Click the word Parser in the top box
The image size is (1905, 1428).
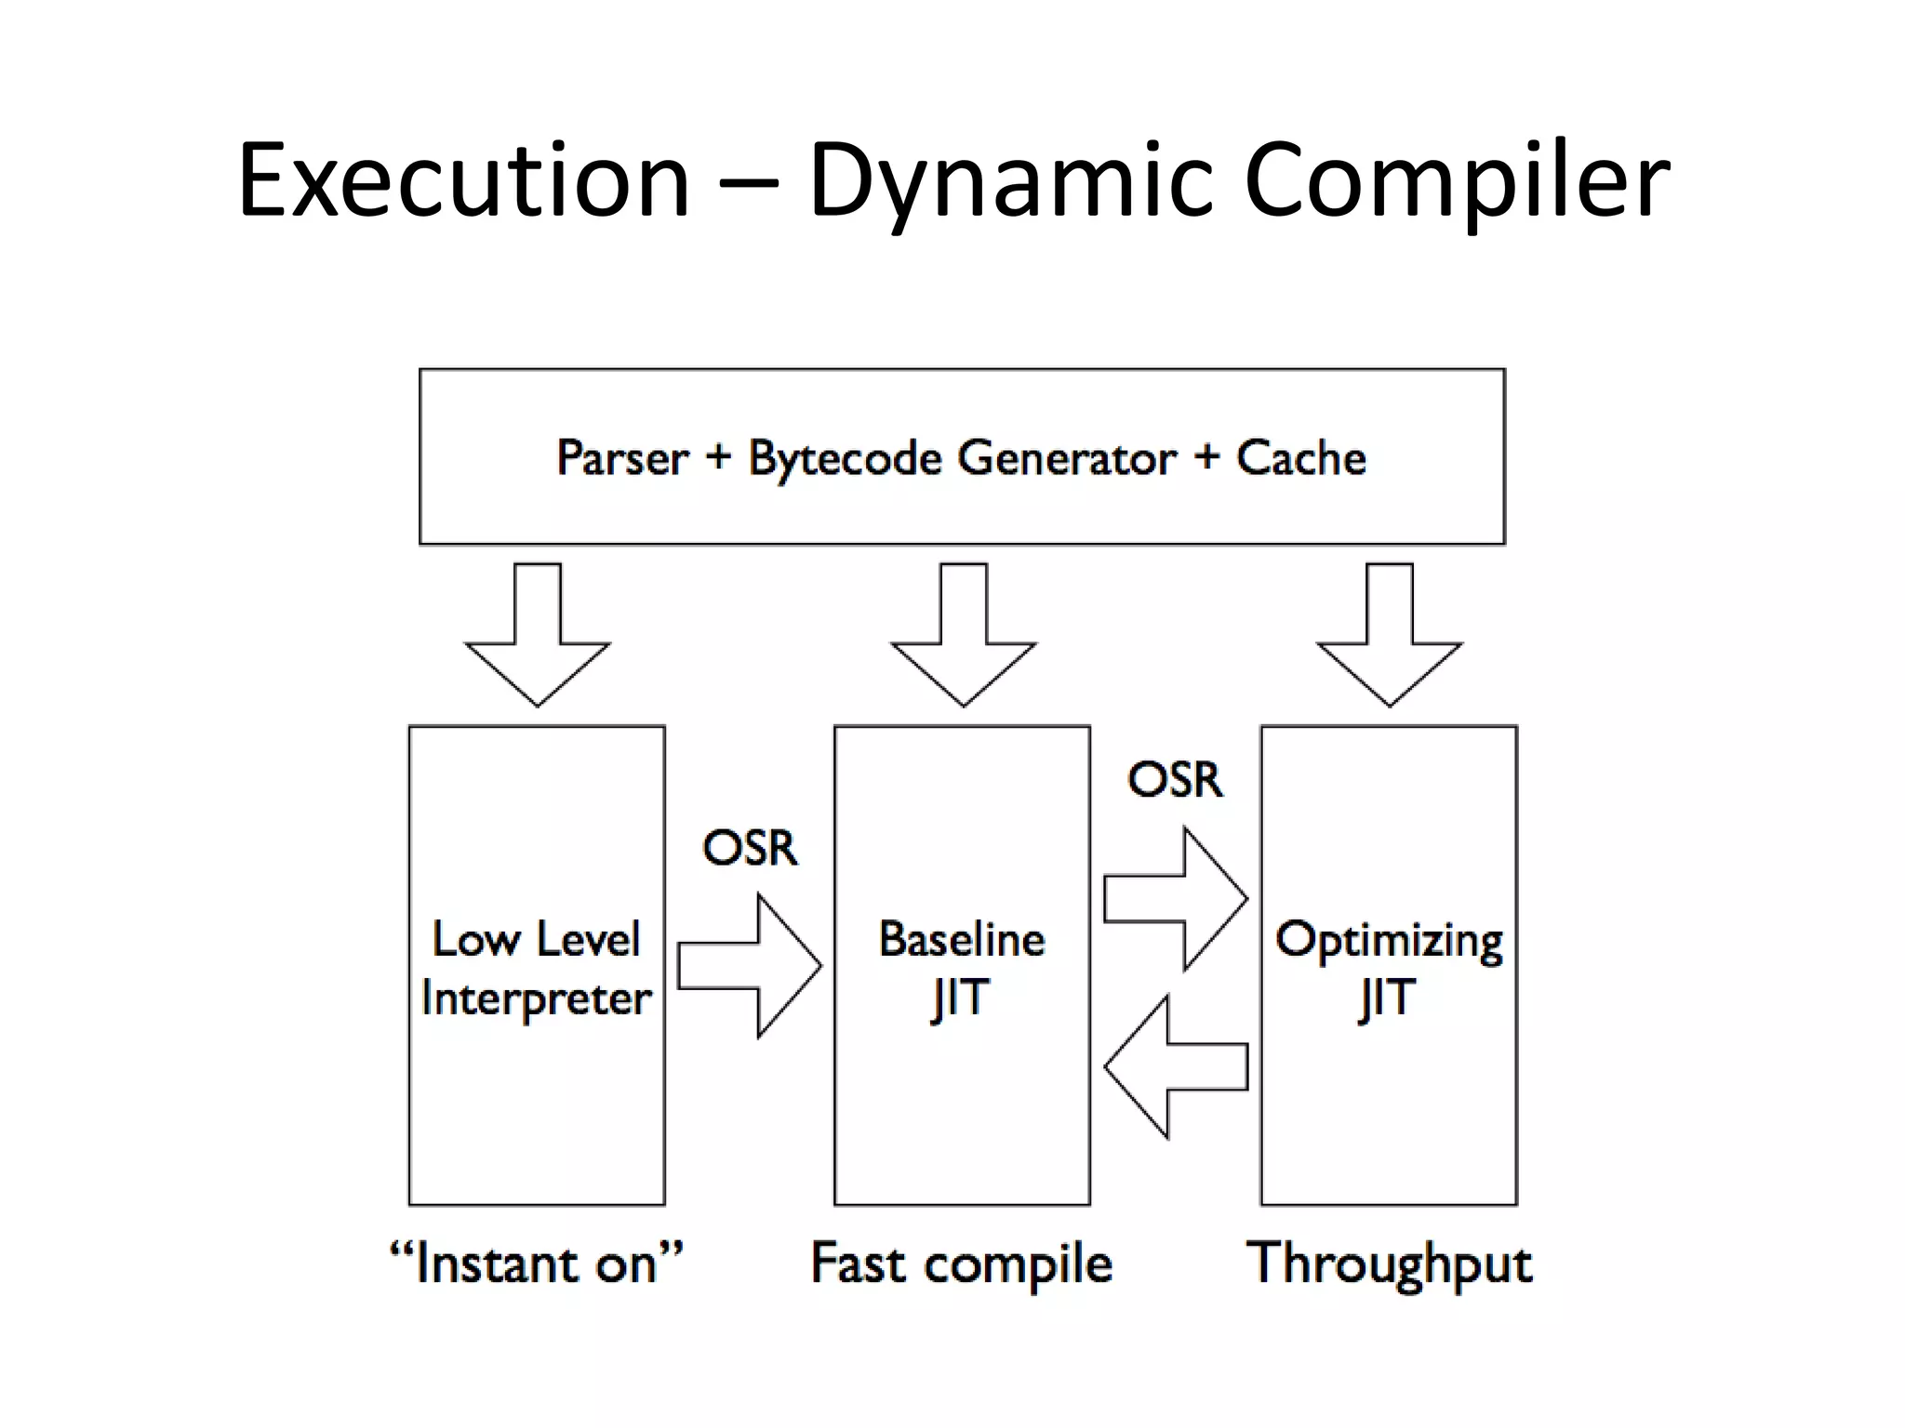pos(622,457)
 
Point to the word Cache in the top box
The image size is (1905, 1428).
pos(1300,457)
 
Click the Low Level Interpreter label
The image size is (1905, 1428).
pos(537,968)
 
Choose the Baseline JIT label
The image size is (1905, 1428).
pos(962,968)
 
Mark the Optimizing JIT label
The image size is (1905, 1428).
pos(1388,968)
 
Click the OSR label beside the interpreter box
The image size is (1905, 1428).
pos(750,848)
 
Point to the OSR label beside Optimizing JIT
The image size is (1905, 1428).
pos(1175,779)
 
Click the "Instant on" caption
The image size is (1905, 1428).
pos(536,1263)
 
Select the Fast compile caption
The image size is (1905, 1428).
pos(961,1263)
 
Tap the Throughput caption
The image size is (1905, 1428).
pos(1389,1263)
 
